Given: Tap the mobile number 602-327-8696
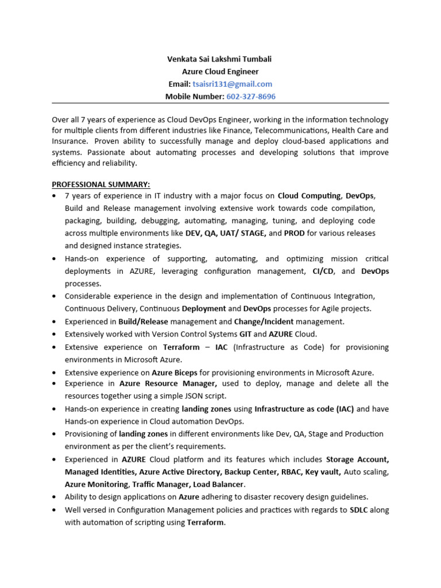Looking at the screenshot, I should tap(251, 96).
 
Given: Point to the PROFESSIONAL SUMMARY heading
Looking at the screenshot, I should tap(101, 184).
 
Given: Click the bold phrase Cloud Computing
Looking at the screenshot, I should tap(309, 196).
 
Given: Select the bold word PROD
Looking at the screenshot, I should tap(295, 233).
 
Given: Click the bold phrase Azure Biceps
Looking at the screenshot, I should tap(174, 373).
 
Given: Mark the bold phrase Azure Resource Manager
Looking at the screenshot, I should tap(168, 384).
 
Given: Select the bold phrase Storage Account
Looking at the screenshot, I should tap(357, 459).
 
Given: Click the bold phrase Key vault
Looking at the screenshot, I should tap(323, 472).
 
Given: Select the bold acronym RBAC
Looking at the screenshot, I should tap(288, 472).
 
